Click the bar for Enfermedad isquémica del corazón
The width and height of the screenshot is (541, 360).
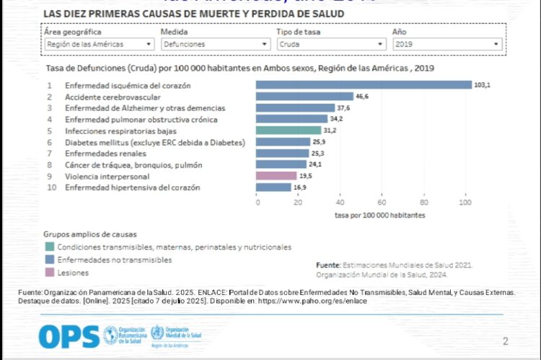[364, 85]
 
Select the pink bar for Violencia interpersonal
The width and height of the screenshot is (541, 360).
[276, 175]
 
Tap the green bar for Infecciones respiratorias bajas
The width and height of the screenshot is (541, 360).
[289, 131]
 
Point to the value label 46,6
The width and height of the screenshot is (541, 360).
[363, 96]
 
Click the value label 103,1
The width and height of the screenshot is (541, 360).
[482, 85]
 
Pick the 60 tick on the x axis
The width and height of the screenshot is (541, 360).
[382, 203]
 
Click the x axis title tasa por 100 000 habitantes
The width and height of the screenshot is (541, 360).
[379, 215]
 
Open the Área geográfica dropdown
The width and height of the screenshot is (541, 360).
[98, 44]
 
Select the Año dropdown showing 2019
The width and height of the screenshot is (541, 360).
[447, 44]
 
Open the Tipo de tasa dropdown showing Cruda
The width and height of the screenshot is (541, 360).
[330, 44]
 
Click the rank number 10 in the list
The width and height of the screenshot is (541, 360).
[50, 188]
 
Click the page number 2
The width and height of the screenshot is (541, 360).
[505, 341]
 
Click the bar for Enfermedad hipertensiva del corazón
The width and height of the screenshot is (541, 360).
[273, 188]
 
